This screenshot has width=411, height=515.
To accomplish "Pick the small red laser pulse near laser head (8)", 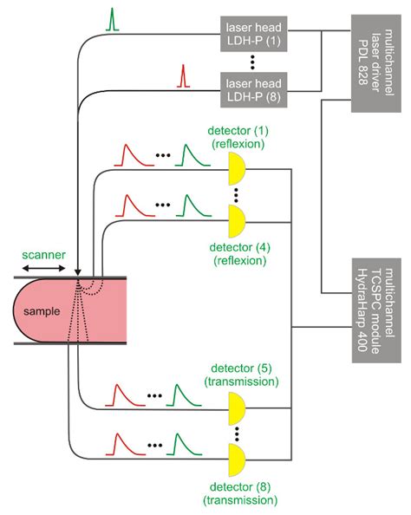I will click(x=182, y=77).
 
